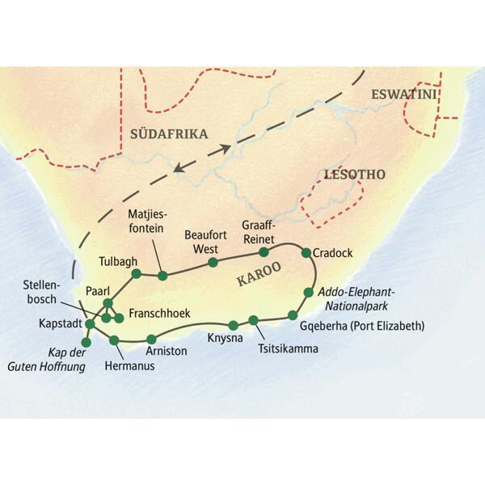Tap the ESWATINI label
click(x=403, y=95)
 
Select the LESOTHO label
click(x=354, y=174)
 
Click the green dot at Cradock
click(x=306, y=253)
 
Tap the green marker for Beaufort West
click(x=213, y=262)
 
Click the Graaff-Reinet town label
click(x=260, y=232)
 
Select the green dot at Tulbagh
click(x=137, y=273)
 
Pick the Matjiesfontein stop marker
click(x=162, y=276)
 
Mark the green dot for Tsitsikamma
click(x=253, y=320)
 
